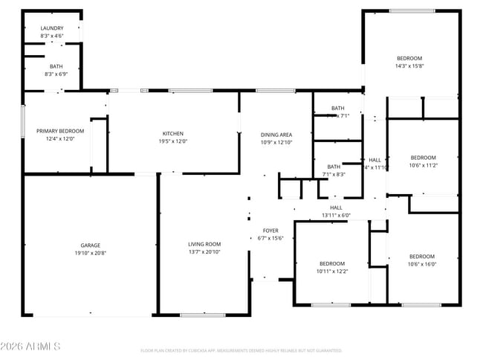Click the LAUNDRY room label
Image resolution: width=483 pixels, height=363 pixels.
[x=51, y=28]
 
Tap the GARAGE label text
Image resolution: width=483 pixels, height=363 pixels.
[x=91, y=245]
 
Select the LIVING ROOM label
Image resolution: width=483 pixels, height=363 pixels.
[x=204, y=244]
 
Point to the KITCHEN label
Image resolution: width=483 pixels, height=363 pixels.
[x=173, y=134]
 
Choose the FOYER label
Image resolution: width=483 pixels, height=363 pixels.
[x=270, y=231]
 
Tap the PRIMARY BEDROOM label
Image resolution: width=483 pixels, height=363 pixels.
[x=60, y=131]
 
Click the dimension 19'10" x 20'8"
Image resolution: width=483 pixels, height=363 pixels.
[x=91, y=254]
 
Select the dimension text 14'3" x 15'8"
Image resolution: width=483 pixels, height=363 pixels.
[x=409, y=66]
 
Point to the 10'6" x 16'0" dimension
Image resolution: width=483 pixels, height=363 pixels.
[x=421, y=264]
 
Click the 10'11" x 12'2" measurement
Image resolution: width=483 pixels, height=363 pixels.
[x=332, y=272]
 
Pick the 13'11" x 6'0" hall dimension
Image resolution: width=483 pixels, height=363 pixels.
[x=336, y=215]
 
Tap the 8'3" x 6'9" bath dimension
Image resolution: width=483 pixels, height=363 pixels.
[x=51, y=74]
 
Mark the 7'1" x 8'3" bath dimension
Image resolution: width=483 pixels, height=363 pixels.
[x=334, y=174]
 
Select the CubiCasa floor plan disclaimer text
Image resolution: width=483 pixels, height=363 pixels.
[x=241, y=350]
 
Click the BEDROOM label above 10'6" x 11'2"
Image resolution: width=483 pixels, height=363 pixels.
[x=423, y=157]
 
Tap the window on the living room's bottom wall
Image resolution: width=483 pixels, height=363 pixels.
[x=203, y=315]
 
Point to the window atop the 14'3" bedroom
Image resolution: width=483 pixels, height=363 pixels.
[x=412, y=10]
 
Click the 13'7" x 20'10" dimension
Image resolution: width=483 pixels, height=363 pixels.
[x=204, y=252]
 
